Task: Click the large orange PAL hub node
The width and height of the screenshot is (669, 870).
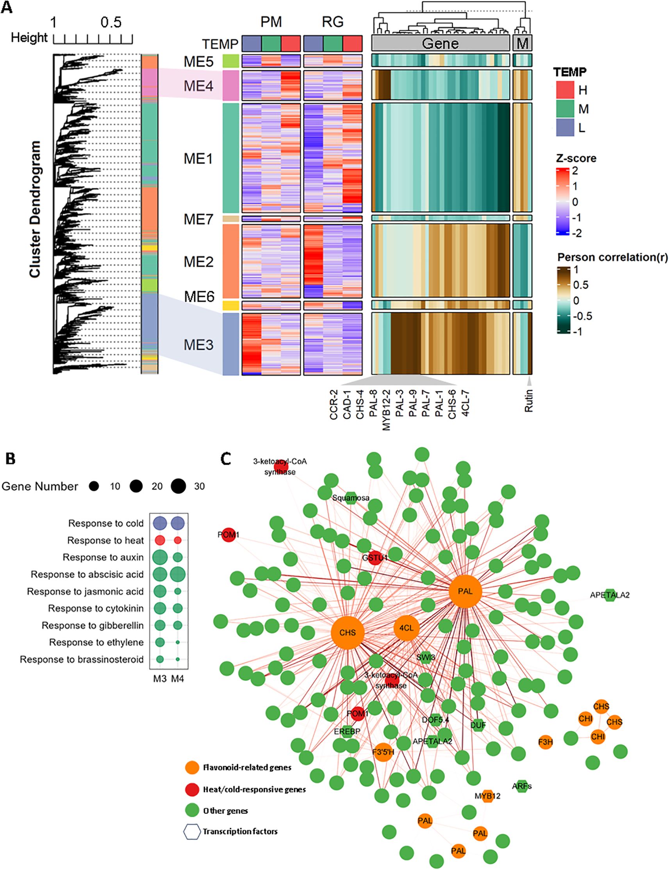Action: tap(465, 591)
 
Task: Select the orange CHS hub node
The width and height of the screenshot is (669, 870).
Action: tap(348, 632)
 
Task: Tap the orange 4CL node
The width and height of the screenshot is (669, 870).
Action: tap(406, 628)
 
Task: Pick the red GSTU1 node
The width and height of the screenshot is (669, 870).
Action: tap(375, 558)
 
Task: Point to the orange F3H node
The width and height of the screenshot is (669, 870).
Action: tap(546, 742)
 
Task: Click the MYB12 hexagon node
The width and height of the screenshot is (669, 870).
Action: tap(487, 796)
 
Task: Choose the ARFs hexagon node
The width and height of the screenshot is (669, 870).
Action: tap(522, 786)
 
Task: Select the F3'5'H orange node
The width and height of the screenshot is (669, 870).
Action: tap(383, 752)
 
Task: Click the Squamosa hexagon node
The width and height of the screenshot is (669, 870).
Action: tap(351, 498)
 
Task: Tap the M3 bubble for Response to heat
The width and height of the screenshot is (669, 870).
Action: tap(160, 541)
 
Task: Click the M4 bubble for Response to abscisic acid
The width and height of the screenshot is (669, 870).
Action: tap(178, 574)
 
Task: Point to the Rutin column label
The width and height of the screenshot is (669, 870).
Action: tap(529, 401)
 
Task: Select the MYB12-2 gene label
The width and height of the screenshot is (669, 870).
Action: tap(386, 410)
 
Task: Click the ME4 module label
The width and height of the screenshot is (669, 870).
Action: tap(198, 85)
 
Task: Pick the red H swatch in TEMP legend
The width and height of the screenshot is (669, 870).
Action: tap(565, 90)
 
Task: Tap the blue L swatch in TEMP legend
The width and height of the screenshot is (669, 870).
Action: tap(565, 127)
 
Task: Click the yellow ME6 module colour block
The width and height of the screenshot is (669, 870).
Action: tap(230, 306)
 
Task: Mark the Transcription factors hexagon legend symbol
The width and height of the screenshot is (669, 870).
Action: tap(191, 831)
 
